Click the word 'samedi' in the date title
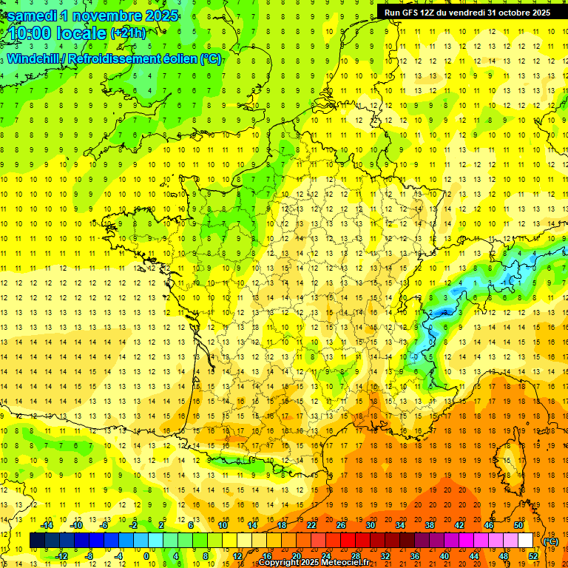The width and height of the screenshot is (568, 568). pyautogui.click(x=36, y=16)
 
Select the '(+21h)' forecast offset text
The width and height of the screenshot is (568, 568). pyautogui.click(x=128, y=33)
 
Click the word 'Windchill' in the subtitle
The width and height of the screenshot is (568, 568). pyautogui.click(x=38, y=58)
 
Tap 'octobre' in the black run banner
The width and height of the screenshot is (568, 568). pyautogui.click(x=504, y=13)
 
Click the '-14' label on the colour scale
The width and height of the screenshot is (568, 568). pyautogui.click(x=47, y=525)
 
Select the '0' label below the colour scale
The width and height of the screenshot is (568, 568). pyautogui.click(x=146, y=555)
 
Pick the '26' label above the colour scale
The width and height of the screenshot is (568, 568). pyautogui.click(x=341, y=525)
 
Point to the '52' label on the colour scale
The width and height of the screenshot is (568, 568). pyautogui.click(x=532, y=555)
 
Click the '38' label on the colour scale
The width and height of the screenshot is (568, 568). pyautogui.click(x=429, y=525)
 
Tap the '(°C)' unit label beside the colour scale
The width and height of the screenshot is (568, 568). pyautogui.click(x=550, y=541)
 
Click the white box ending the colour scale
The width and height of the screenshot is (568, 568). pyautogui.click(x=525, y=541)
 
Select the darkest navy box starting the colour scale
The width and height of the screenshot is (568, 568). pyautogui.click(x=37, y=541)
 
